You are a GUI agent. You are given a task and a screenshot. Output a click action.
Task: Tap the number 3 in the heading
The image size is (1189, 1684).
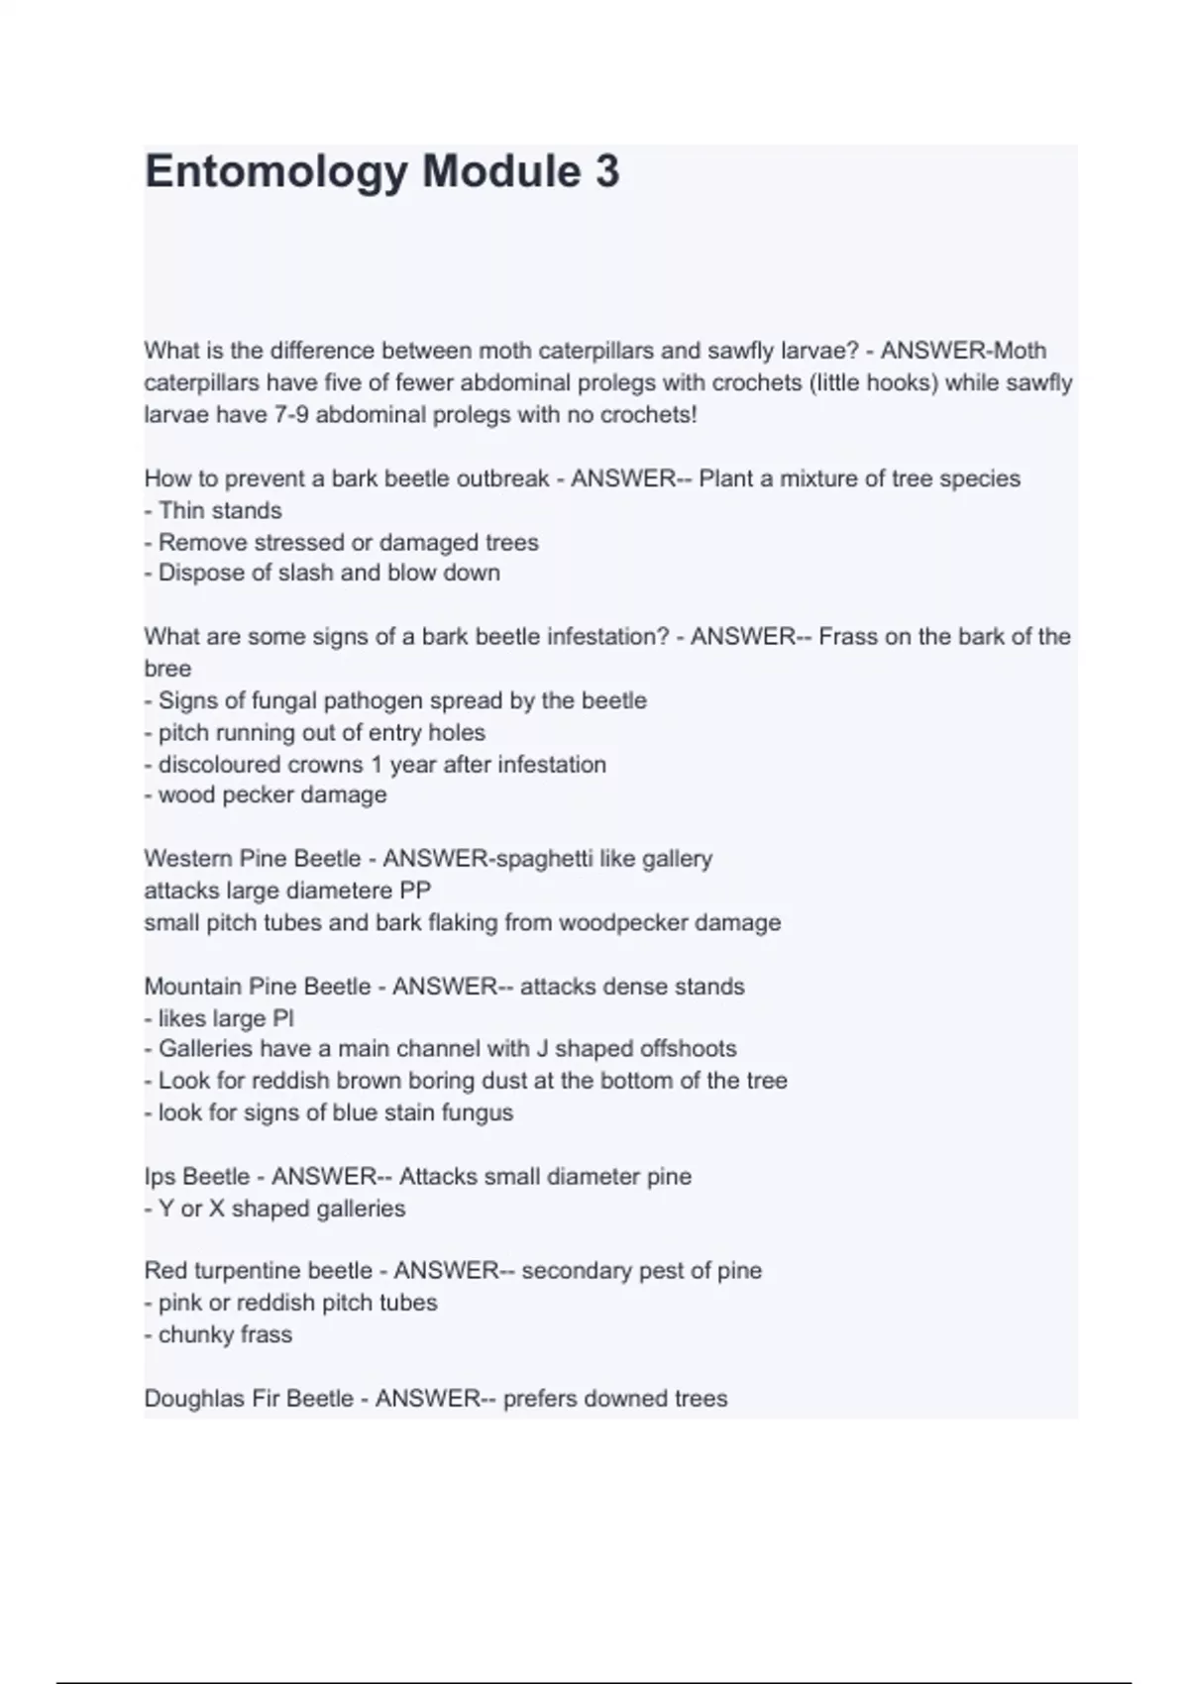607,171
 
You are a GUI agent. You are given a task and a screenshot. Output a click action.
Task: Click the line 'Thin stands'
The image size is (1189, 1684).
220,510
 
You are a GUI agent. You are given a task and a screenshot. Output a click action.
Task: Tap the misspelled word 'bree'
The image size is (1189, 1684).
167,669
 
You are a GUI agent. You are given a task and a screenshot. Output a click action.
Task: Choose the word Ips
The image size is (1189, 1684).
159,1177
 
